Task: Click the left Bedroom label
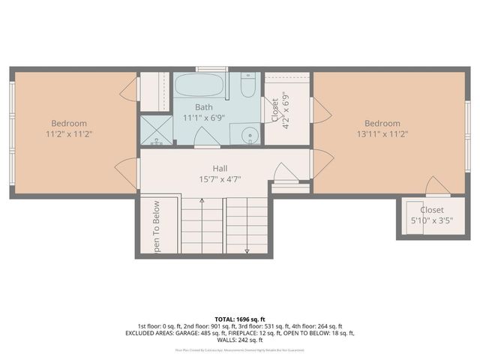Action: click(69, 124)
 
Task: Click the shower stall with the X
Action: click(156, 130)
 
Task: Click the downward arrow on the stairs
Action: click(247, 250)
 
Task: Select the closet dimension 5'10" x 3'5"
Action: click(431, 221)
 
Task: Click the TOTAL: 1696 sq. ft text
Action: click(240, 319)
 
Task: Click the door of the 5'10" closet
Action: click(436, 187)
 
